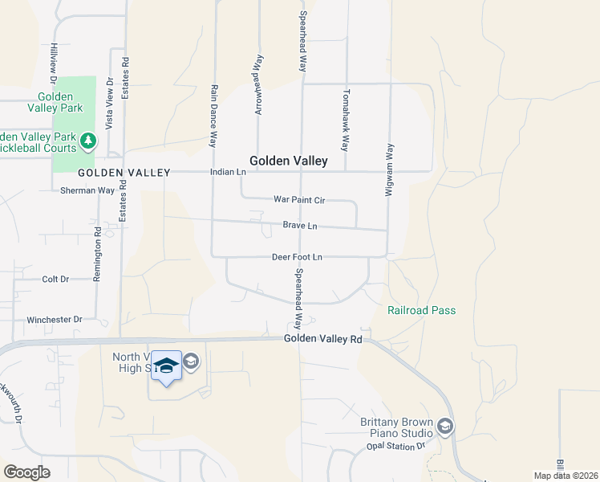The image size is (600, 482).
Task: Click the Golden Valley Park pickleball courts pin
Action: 88,142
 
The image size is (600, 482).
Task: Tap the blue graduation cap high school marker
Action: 166,366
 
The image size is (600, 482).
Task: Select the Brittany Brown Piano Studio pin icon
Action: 445,426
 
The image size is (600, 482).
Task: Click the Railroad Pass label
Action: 421,311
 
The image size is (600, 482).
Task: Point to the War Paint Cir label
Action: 298,198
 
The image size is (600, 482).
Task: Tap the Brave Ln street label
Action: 300,226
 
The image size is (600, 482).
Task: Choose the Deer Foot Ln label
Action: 297,257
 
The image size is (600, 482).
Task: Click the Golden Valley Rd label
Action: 323,340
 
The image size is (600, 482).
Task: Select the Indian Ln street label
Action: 227,172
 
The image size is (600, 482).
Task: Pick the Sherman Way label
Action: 87,190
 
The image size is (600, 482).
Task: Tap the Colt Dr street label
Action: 55,280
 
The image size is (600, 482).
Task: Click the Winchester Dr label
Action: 55,319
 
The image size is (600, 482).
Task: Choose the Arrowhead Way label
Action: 258,85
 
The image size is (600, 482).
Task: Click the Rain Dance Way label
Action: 214,116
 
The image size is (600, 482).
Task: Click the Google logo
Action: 26,472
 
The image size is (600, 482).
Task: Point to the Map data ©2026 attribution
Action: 567,476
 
